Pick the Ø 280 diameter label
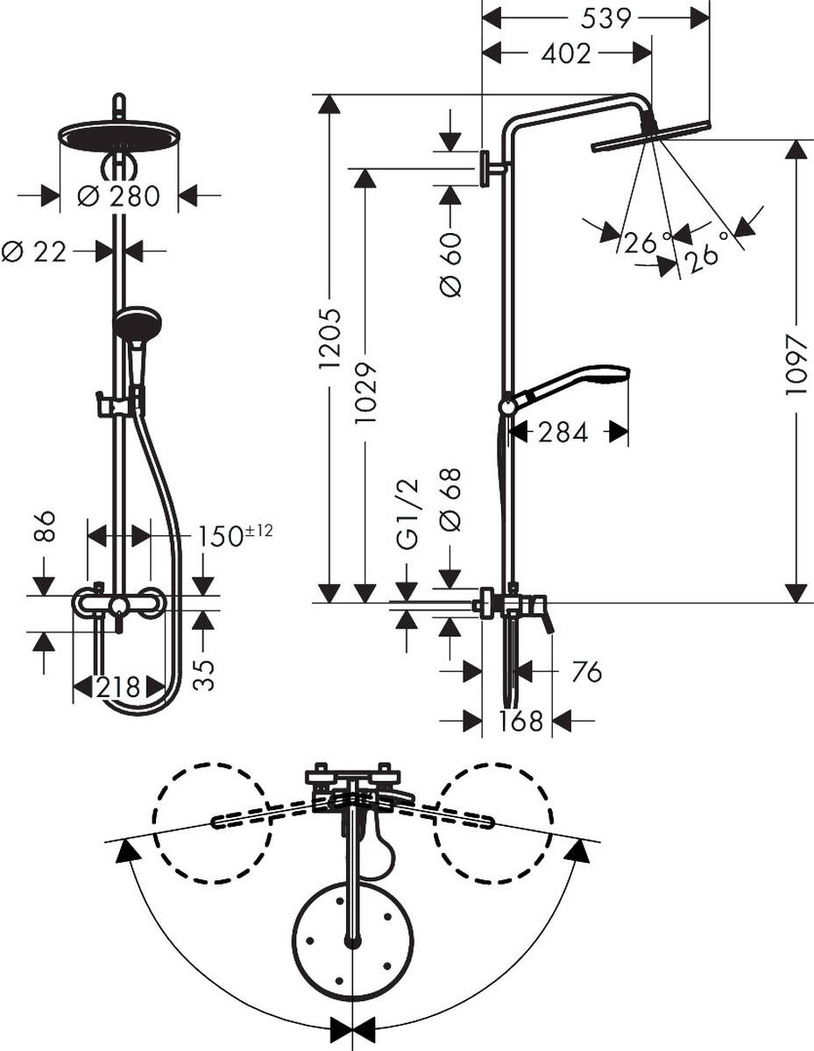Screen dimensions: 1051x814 (x=119, y=196)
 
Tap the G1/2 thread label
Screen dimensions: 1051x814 (x=407, y=514)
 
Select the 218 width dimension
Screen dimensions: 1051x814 (x=117, y=688)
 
